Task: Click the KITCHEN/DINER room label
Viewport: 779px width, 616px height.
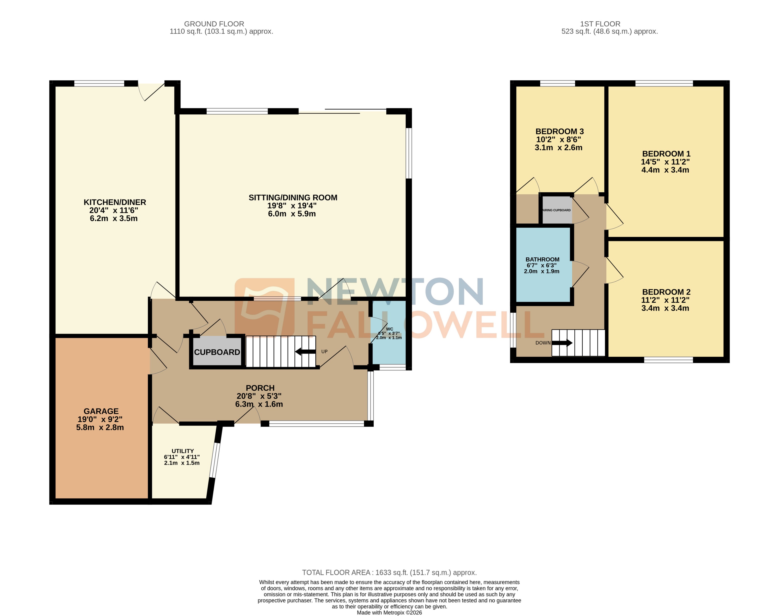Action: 115,202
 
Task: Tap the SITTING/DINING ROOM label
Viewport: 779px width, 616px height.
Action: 293,198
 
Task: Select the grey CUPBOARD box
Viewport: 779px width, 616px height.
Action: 217,352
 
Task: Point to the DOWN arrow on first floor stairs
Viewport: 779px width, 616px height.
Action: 562,343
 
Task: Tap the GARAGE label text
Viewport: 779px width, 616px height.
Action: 101,411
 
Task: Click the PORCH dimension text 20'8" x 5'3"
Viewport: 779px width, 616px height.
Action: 259,396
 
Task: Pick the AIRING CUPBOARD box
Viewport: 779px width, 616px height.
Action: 557,210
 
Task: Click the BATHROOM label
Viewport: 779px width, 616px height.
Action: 542,260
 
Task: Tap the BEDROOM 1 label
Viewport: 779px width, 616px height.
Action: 666,154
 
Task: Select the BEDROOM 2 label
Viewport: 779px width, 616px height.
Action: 666,292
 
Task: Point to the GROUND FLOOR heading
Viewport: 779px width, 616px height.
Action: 214,24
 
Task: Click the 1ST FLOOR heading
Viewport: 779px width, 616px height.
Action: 600,24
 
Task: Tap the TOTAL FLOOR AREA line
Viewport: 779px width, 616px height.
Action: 389,572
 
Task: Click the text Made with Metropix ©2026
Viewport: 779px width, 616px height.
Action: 389,612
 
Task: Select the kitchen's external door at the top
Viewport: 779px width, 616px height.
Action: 152,91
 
